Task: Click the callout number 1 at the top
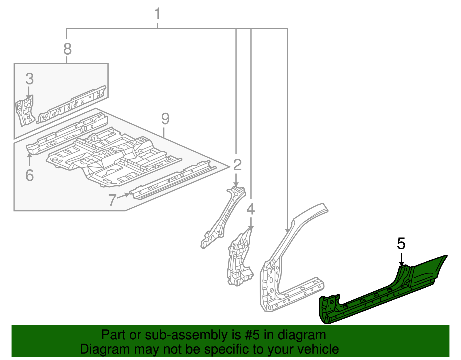click(157, 14)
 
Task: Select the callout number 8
click(67, 49)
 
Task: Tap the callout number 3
click(29, 79)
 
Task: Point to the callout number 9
click(165, 119)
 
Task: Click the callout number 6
click(29, 175)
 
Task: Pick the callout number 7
click(112, 199)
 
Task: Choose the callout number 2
click(237, 165)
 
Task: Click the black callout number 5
click(401, 244)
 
